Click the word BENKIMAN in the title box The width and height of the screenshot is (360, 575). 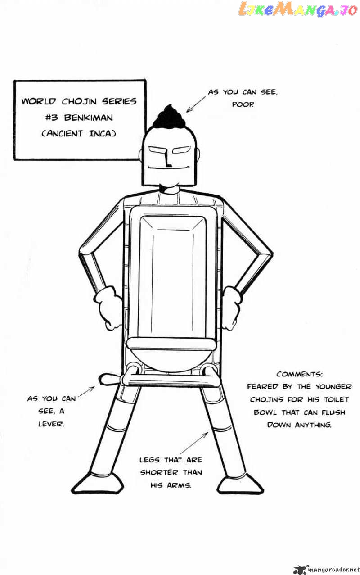pyautogui.click(x=89, y=118)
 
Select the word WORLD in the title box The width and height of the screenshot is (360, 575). pyautogui.click(x=37, y=101)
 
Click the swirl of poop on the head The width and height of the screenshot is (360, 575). pyautogui.click(x=166, y=116)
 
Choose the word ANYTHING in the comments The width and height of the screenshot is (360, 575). pyautogui.click(x=313, y=425)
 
